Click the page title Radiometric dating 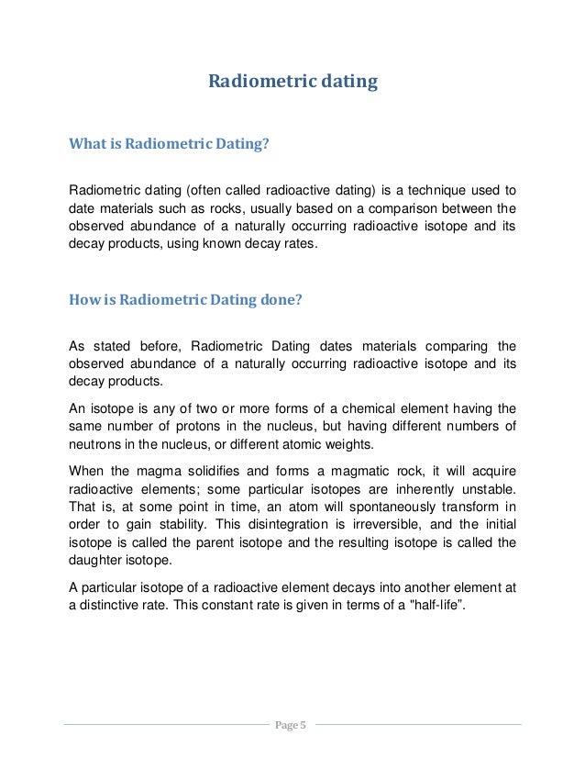pos(292,82)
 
